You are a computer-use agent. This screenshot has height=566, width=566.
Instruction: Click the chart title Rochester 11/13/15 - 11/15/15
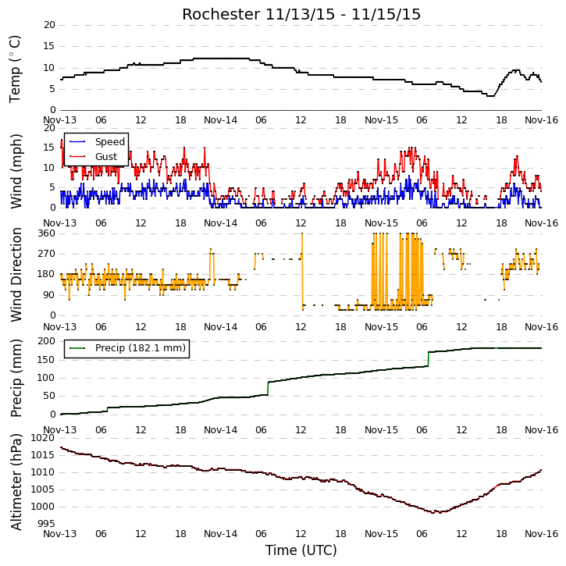(301, 14)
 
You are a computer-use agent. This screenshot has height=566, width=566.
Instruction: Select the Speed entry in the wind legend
(110, 141)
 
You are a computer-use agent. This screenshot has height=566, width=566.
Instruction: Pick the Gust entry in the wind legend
(106, 156)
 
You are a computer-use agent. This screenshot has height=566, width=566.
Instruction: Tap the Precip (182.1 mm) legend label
(141, 347)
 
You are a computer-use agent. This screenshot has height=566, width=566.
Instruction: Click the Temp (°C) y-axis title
(15, 69)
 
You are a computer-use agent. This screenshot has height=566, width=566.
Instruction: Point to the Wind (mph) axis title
(16, 171)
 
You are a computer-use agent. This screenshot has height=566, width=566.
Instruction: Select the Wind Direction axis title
(16, 274)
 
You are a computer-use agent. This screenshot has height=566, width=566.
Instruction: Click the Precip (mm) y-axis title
(16, 378)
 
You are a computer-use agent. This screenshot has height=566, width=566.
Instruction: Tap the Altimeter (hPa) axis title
(16, 482)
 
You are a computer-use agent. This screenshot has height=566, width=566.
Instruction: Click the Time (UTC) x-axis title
(301, 550)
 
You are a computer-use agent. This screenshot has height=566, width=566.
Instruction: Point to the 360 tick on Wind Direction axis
(47, 233)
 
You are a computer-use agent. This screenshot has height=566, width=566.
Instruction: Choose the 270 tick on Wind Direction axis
(47, 254)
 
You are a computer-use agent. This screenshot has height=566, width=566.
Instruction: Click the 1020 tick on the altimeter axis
(43, 438)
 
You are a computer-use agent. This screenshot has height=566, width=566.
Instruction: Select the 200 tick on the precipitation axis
(47, 341)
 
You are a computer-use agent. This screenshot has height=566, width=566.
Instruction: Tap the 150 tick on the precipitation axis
(47, 360)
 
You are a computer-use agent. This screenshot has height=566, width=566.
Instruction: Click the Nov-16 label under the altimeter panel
(541, 533)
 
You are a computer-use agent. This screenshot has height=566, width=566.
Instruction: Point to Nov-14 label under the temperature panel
(221, 120)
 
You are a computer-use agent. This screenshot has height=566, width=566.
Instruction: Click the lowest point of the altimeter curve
(440, 512)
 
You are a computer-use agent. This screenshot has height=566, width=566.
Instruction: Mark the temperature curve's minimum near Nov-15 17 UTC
(490, 96)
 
